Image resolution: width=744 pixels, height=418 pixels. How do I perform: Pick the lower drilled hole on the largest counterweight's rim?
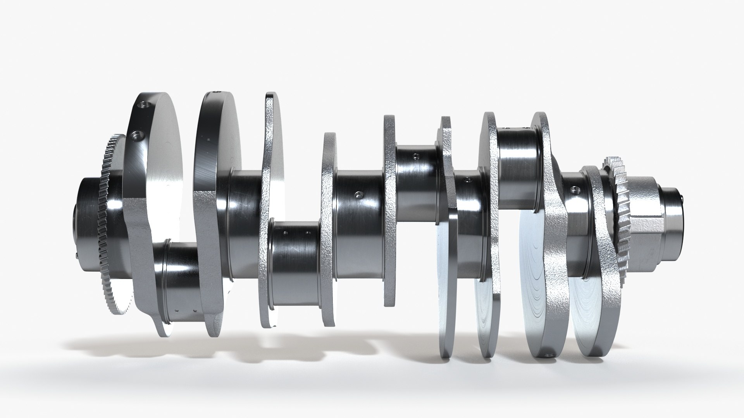click(x=137, y=135)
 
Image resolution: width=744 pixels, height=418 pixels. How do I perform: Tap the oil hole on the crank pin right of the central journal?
click(x=416, y=156)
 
